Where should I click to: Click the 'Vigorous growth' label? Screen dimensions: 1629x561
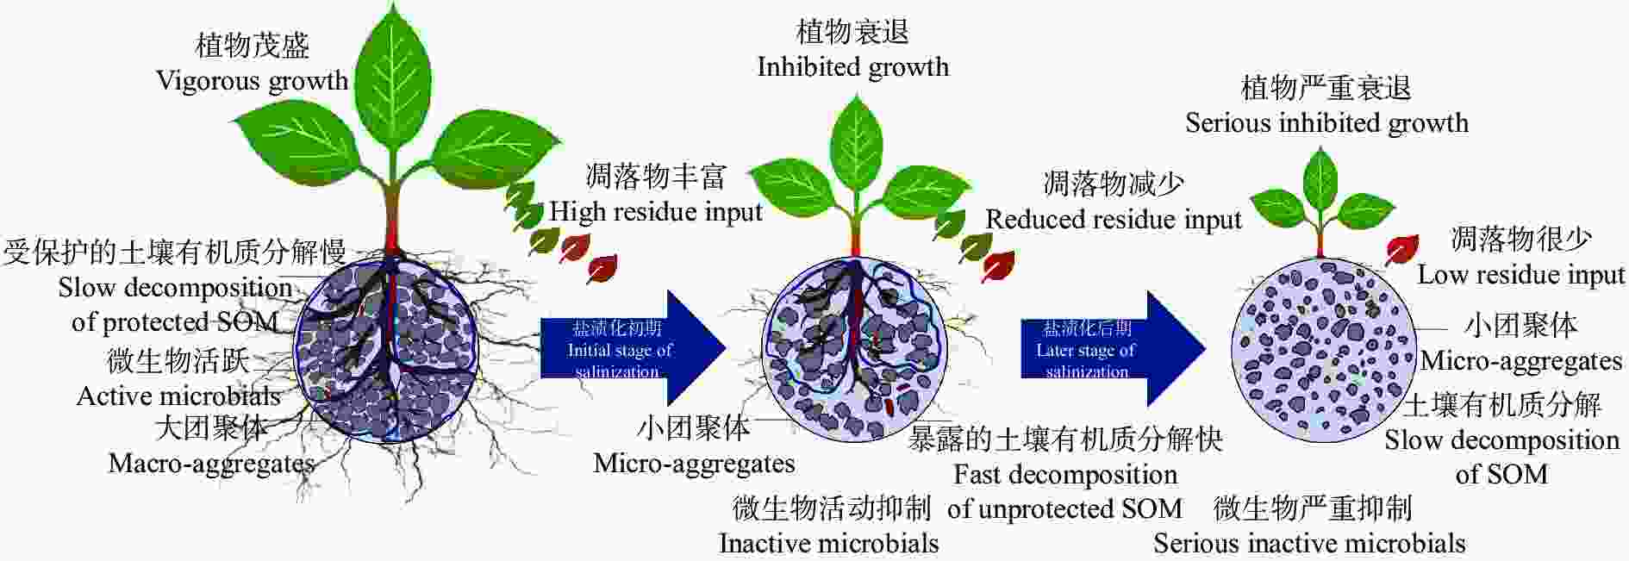[x=252, y=81]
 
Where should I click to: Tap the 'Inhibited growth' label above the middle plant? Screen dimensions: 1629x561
[x=852, y=67]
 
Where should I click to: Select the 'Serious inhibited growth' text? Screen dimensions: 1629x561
[x=1326, y=123]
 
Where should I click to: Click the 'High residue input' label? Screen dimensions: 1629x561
[x=656, y=211]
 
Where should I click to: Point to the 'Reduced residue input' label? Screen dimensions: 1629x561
[x=1114, y=220]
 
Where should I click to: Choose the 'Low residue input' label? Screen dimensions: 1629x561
[x=1521, y=275]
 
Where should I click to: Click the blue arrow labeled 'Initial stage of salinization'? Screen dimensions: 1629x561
[x=633, y=349]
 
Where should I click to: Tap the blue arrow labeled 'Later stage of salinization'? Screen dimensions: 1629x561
[x=1113, y=349]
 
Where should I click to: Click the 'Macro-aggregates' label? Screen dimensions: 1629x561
[x=211, y=464]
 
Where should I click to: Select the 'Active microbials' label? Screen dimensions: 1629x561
[x=178, y=396]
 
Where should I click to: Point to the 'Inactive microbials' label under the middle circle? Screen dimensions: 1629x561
[x=828, y=544]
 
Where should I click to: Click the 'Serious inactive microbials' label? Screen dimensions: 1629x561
[x=1309, y=544]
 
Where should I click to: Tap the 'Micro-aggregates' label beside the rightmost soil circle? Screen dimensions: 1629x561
[x=1521, y=361]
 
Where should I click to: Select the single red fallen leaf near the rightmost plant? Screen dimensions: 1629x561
[x=1401, y=249]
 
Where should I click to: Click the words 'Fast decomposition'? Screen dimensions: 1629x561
[x=1065, y=475]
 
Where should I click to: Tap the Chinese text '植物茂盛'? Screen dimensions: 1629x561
[x=253, y=45]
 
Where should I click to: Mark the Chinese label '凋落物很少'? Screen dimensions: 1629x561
[x=1521, y=239]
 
